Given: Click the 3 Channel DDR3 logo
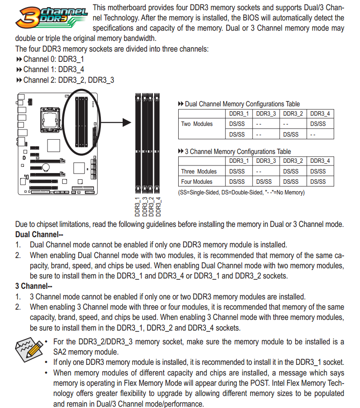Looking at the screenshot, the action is click(x=51, y=17).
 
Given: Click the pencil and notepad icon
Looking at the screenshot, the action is click(x=29, y=349).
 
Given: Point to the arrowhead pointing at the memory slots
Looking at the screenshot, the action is click(x=127, y=122).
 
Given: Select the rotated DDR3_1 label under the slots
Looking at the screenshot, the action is click(x=137, y=207).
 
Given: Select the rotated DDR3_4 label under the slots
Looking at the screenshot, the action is click(x=158, y=207).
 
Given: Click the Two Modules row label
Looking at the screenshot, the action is click(x=197, y=124).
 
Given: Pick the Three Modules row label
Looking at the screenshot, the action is click(x=199, y=171).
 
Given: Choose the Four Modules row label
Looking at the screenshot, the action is click(x=197, y=182).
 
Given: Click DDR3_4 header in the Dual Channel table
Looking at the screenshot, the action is click(x=320, y=114).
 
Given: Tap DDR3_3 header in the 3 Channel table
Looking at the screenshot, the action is click(x=266, y=161).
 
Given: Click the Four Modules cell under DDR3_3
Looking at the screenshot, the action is click(x=264, y=182).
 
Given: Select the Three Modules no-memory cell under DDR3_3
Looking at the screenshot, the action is click(x=259, y=171).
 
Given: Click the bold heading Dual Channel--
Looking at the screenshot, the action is click(x=39, y=234).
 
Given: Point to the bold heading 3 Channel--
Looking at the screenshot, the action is click(x=34, y=286).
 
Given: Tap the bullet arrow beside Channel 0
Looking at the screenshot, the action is click(x=19, y=59).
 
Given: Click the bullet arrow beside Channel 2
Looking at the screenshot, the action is click(x=19, y=80).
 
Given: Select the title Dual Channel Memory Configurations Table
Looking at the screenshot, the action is click(x=242, y=104).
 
